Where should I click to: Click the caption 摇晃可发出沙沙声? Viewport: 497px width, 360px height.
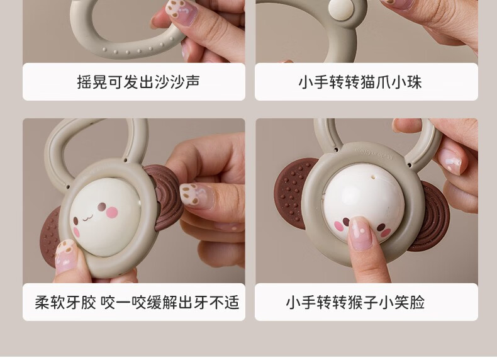(x=138, y=82)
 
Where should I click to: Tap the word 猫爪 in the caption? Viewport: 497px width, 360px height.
(x=376, y=82)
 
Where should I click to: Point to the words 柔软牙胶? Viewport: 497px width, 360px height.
(x=65, y=302)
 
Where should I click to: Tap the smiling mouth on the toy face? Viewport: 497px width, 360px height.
(x=87, y=218)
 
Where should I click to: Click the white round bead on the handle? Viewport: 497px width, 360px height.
(x=341, y=9)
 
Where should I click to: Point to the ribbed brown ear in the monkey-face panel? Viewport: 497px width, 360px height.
(x=433, y=216)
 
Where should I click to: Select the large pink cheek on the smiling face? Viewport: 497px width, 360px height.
(x=112, y=213)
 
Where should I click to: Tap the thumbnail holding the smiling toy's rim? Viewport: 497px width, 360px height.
(x=65, y=256)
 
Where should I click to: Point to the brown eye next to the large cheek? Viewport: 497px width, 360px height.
(x=102, y=207)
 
